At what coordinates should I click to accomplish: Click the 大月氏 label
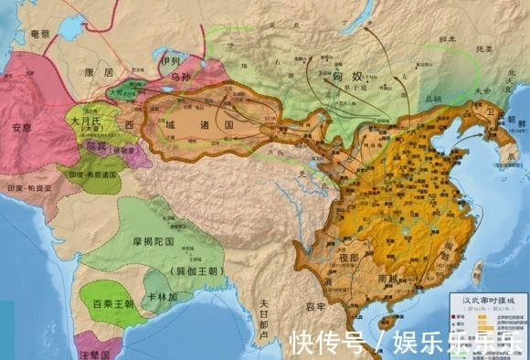pos(87,120)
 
